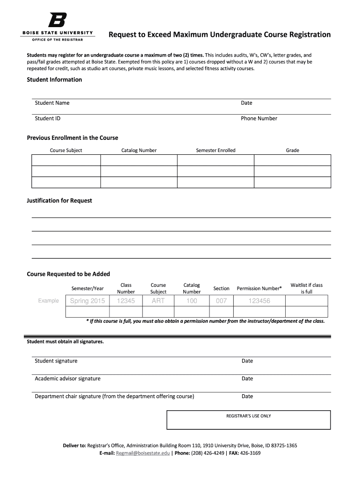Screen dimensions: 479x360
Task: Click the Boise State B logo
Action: (x=58, y=20)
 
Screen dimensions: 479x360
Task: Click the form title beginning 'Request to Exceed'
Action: (x=220, y=35)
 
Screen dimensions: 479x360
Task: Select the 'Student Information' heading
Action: (x=54, y=80)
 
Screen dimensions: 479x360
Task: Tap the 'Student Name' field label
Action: (x=52, y=103)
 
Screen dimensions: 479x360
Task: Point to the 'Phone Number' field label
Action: (x=259, y=118)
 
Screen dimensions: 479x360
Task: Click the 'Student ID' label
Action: (x=48, y=118)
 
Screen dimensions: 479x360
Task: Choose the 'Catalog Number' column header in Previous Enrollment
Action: (x=139, y=150)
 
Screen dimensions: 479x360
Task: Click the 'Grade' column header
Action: (x=292, y=150)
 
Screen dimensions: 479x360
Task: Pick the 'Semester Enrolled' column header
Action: (x=216, y=150)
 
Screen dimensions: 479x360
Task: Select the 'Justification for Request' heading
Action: (x=59, y=200)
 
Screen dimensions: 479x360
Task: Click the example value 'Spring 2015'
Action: (x=87, y=301)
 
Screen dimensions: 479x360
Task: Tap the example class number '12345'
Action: (x=126, y=301)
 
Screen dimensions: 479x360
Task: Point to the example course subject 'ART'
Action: (x=158, y=301)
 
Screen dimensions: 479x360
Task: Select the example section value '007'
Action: (x=221, y=301)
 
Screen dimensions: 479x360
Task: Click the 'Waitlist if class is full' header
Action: (x=306, y=288)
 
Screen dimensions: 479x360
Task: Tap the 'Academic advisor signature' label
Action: (x=67, y=378)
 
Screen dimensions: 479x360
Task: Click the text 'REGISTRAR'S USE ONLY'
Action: (x=248, y=416)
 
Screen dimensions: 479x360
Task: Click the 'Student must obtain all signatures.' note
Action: (x=65, y=341)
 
